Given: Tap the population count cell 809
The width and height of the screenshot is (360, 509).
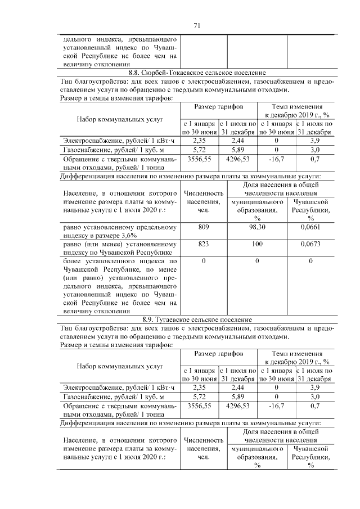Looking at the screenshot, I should click(x=203, y=227).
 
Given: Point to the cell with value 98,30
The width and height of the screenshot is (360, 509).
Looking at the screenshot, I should click(x=257, y=227).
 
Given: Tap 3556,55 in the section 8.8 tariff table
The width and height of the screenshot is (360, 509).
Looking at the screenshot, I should click(x=199, y=160).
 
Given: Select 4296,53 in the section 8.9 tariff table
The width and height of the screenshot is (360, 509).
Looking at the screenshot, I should click(x=237, y=405).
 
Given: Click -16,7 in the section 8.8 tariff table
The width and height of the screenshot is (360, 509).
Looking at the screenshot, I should click(x=276, y=160).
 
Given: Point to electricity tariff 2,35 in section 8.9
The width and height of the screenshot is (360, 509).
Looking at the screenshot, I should click(x=199, y=387).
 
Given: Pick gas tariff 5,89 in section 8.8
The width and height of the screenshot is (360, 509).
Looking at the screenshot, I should click(x=237, y=150).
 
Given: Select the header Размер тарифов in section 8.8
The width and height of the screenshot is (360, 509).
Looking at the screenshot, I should click(x=218, y=107).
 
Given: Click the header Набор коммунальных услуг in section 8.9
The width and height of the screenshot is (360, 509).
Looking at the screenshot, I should click(x=119, y=366).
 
